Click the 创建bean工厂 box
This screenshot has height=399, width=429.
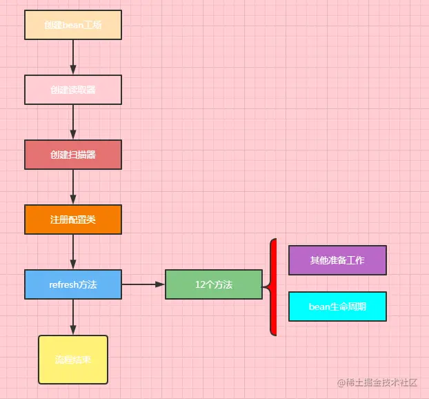click(73, 25)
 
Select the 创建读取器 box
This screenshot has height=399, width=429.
click(73, 90)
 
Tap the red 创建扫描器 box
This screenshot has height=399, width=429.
click(73, 155)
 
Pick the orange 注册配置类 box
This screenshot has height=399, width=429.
click(73, 220)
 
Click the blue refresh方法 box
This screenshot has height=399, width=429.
click(73, 284)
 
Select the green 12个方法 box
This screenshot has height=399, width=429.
click(214, 284)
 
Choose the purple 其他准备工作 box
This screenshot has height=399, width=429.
click(337, 260)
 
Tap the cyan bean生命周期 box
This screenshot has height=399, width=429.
click(337, 306)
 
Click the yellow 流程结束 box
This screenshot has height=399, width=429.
click(73, 360)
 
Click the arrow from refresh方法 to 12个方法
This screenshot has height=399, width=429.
click(143, 284)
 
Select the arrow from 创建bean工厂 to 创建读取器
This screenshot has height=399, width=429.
click(73, 57)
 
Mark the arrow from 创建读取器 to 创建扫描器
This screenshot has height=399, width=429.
click(73, 122)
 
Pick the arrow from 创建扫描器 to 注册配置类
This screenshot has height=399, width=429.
click(73, 187)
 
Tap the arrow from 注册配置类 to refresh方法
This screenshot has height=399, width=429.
click(73, 252)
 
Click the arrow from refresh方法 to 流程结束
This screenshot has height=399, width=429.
click(73, 318)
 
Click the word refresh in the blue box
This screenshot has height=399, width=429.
click(63, 284)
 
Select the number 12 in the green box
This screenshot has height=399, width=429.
click(200, 284)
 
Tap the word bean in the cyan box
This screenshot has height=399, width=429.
click(319, 306)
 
